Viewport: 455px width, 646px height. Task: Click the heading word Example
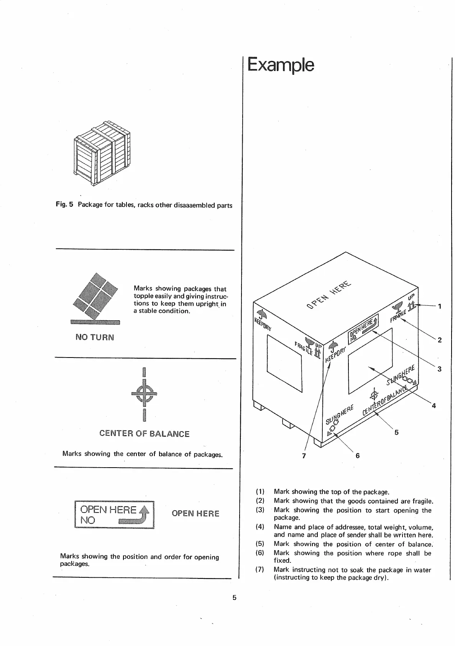281,65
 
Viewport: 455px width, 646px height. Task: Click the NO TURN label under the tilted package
95,338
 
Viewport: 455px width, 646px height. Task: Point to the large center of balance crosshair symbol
144,394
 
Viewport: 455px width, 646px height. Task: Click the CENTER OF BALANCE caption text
144,434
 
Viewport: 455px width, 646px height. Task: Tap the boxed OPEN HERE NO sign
114,515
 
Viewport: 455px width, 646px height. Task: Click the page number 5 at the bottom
234,597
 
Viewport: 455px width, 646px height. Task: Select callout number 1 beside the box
440,306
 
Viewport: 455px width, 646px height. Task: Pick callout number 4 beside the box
434,405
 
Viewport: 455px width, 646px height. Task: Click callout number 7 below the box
304,456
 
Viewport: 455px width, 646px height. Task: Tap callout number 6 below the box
358,456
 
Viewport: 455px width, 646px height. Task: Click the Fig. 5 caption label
64,205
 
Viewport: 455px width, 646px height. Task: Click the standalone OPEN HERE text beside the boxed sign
195,514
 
